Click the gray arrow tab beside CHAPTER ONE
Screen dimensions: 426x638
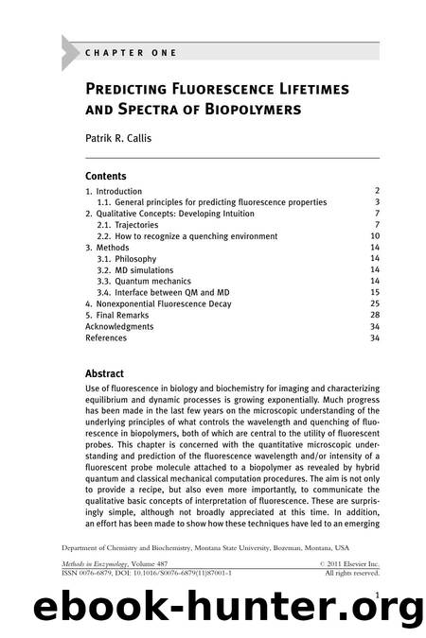click(69, 53)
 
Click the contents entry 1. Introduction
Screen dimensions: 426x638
click(120, 191)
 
